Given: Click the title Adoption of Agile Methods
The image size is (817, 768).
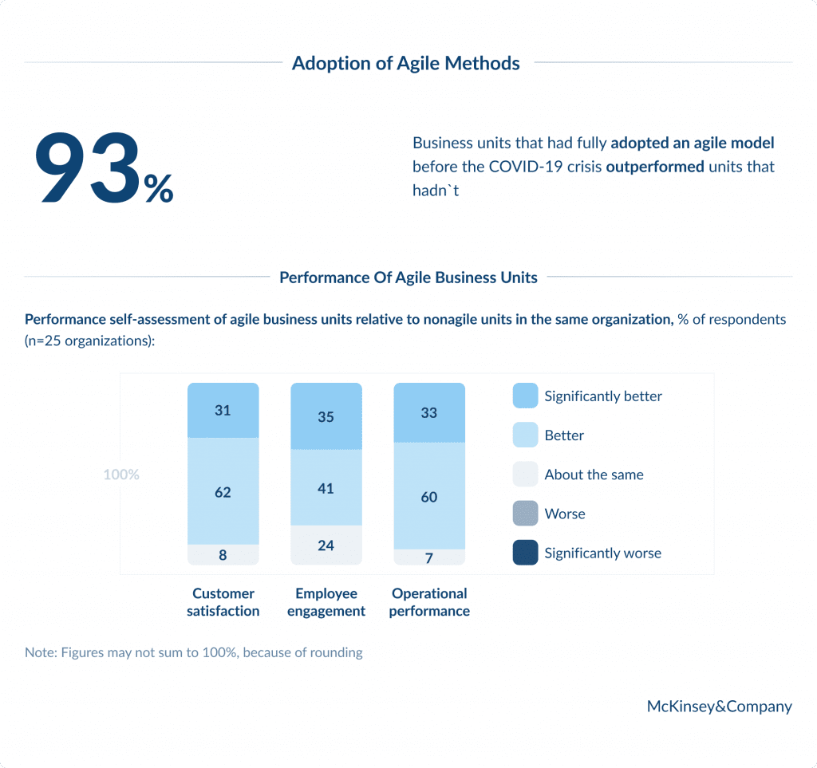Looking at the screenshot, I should click(405, 63).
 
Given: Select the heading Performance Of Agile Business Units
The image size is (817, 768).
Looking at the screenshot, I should click(408, 278).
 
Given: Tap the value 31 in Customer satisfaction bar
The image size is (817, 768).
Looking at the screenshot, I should click(223, 411).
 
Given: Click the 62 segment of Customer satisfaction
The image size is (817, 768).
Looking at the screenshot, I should click(223, 492).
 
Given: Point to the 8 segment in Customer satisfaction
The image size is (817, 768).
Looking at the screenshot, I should click(223, 555).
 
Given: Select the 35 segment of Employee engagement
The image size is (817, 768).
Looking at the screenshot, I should click(326, 416).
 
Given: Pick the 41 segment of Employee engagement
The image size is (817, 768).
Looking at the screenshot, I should click(326, 488).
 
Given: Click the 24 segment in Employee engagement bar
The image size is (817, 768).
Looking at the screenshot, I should click(326, 545).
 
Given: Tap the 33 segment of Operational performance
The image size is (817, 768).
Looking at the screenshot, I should click(428, 413).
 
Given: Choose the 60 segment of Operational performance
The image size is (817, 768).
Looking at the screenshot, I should click(428, 497).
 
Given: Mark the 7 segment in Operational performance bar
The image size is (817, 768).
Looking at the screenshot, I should click(428, 557).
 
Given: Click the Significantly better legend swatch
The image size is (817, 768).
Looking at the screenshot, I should click(525, 396).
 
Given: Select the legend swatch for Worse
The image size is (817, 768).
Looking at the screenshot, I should click(525, 514).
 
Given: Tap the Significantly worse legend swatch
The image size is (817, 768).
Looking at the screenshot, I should click(525, 553).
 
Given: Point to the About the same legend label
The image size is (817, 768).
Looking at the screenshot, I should click(594, 475).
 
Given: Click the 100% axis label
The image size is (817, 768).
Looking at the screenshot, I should click(121, 475).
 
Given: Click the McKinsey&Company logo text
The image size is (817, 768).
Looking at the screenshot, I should click(719, 706).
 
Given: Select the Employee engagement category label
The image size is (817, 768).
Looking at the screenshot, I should click(326, 602).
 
